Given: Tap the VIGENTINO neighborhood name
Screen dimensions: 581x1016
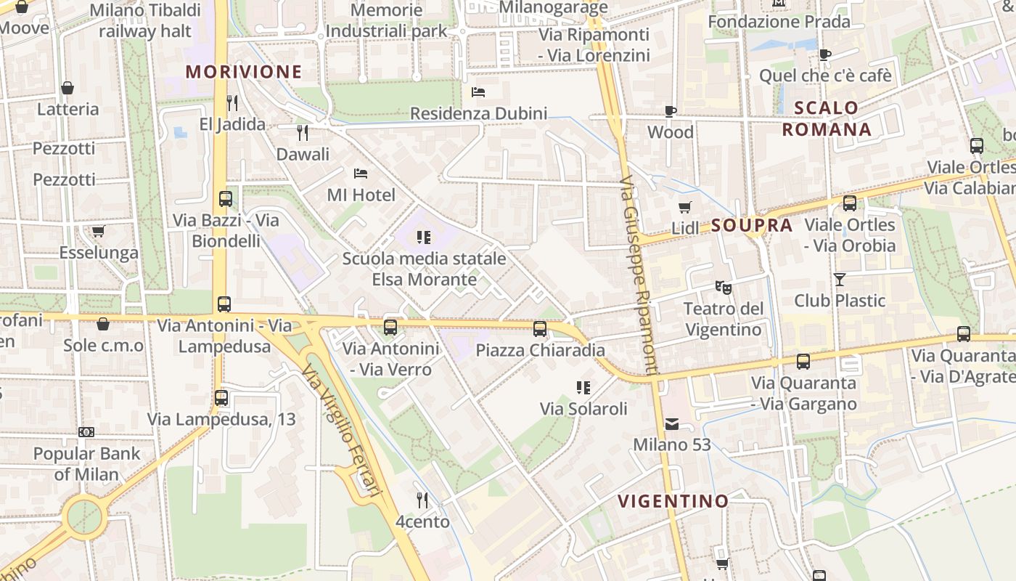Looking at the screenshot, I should tap(673, 500).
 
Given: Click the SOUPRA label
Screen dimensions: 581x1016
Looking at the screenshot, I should tap(752, 225).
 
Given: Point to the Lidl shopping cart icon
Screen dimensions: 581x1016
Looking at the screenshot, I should tap(684, 207).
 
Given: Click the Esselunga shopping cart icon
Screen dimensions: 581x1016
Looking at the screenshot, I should tap(98, 231).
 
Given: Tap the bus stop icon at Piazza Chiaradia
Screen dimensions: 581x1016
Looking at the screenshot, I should tap(540, 328).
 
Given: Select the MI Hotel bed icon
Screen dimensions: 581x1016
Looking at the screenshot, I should tap(361, 173).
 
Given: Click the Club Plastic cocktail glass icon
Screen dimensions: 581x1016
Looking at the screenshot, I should tap(840, 279).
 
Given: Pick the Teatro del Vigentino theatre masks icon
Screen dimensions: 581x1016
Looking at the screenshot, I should tap(723, 287).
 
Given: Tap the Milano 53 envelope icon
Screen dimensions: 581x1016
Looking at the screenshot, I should tap(672, 423).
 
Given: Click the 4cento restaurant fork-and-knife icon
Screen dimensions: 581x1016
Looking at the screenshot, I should tap(422, 500).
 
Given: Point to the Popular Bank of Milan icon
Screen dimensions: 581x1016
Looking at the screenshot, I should tap(86, 432).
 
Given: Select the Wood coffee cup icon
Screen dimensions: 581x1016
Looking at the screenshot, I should tap(671, 111).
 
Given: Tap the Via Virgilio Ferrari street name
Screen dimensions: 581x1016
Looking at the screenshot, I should tap(342, 432).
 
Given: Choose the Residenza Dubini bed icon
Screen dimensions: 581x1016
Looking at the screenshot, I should tap(478, 92).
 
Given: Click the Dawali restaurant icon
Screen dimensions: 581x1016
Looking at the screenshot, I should tap(303, 132).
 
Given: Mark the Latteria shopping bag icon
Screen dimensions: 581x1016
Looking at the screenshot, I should tap(67, 88).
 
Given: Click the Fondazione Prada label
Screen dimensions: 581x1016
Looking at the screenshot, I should tap(779, 22).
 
